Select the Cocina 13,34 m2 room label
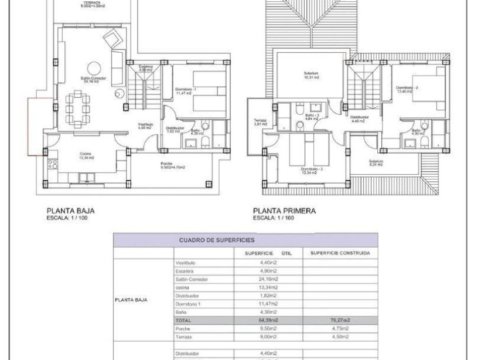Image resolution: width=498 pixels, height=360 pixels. [86, 155]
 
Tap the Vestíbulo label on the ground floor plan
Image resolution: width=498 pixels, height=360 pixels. [145, 125]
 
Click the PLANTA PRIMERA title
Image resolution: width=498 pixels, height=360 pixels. [284, 210]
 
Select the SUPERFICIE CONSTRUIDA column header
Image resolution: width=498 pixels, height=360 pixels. [339, 253]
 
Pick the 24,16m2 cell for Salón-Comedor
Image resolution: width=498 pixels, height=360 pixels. [268, 280]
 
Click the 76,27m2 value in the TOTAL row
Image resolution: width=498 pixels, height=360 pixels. [339, 321]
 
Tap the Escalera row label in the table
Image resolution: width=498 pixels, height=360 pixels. [186, 271]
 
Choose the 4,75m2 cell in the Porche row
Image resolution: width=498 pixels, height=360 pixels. [339, 329]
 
